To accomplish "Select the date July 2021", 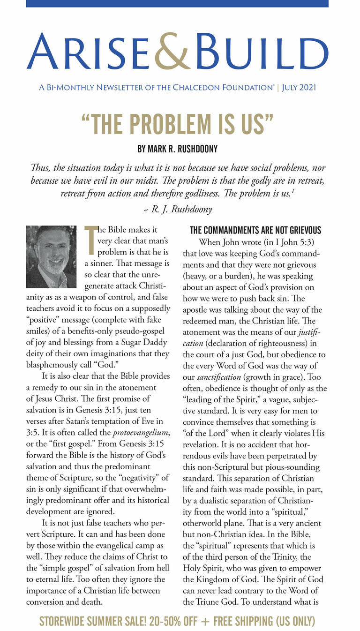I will [299, 88].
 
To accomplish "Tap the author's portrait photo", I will [51, 257].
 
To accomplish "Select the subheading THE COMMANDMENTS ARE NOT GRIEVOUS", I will [255, 230].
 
